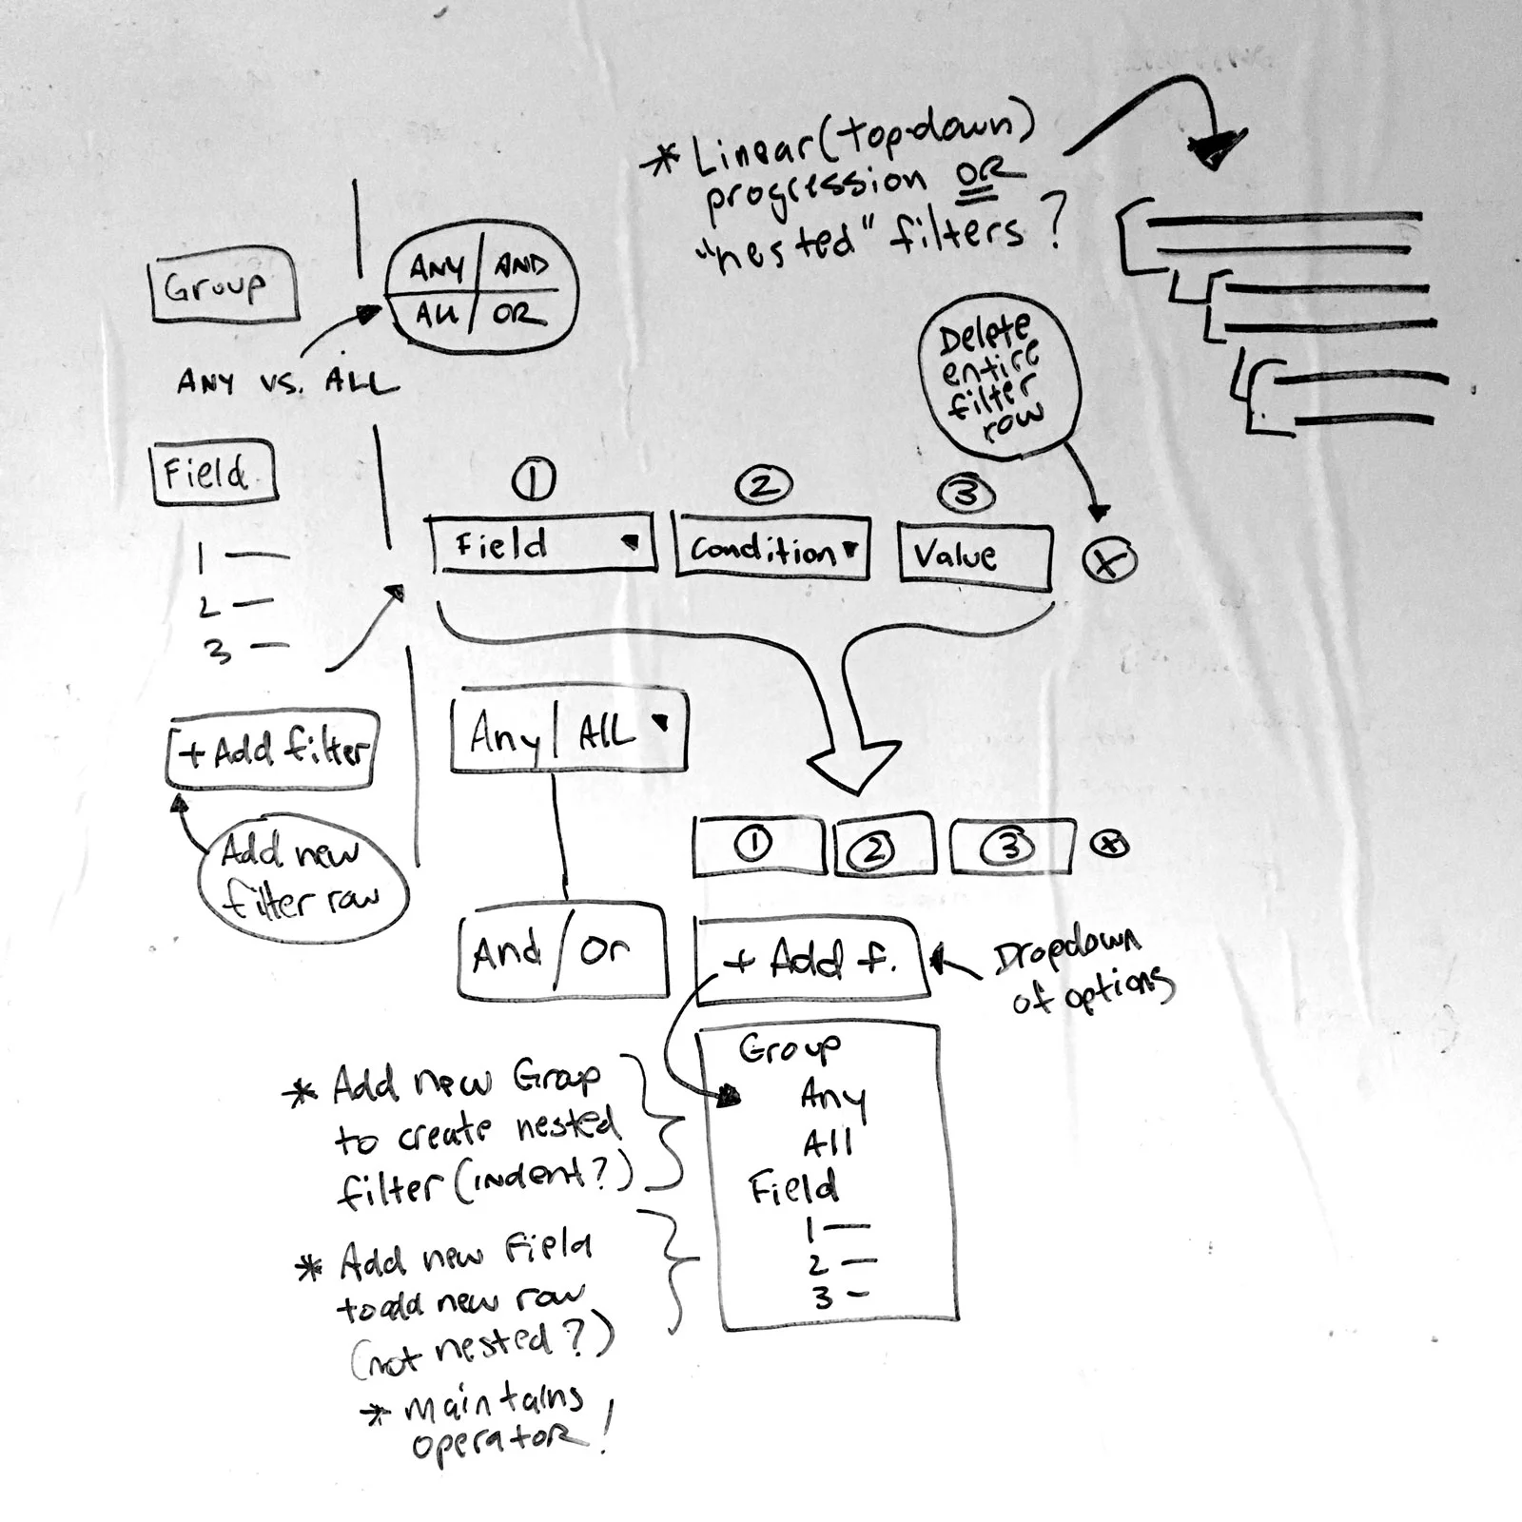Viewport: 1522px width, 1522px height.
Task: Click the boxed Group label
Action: [224, 285]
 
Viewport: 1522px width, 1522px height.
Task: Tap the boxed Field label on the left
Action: [214, 473]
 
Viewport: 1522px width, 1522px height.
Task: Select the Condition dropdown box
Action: [772, 550]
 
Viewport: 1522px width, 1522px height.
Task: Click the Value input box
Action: [975, 554]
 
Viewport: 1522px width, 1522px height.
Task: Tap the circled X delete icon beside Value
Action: [1109, 561]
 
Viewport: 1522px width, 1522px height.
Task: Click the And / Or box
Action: [561, 952]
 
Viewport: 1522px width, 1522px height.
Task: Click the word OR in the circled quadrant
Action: [519, 315]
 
